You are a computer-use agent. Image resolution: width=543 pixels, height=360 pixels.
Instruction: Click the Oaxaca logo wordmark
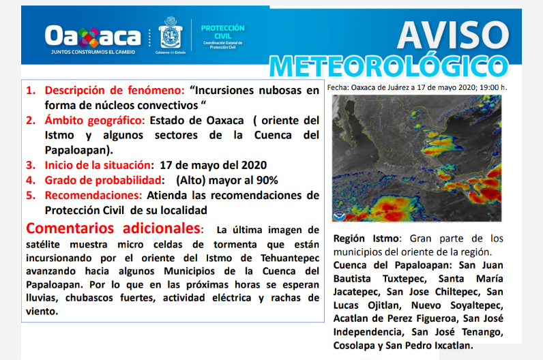coord(92,35)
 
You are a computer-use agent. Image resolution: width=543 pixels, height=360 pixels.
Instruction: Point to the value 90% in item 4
coord(265,181)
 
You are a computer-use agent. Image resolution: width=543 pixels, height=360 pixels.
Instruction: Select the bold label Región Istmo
coord(369,239)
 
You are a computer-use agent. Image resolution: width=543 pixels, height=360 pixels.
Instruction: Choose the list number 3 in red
coord(31,165)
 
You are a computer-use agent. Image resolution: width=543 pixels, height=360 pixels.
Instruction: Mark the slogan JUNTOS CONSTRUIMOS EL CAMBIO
coord(92,52)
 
